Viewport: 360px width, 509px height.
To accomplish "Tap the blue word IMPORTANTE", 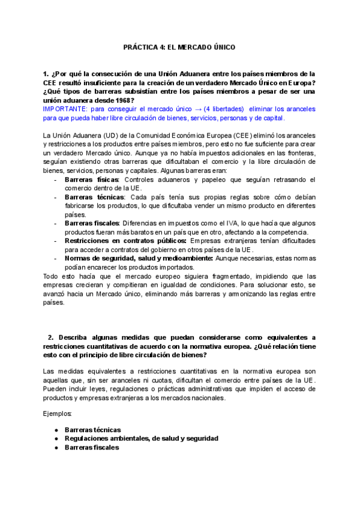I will pyautogui.click(x=64, y=110).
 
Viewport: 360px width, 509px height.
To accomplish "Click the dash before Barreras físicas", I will pyautogui.click(x=56, y=179).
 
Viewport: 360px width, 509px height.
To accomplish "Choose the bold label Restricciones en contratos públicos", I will pyautogui.click(x=122, y=241).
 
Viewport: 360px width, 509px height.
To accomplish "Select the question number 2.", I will pyautogui.click(x=52, y=337).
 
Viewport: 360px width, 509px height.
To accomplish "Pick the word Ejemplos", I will pyautogui.click(x=58, y=414).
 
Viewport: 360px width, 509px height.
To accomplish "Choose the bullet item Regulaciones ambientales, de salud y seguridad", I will pyautogui.click(x=141, y=438).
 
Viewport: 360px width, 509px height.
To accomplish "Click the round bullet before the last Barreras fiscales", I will pyautogui.click(x=56, y=447).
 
